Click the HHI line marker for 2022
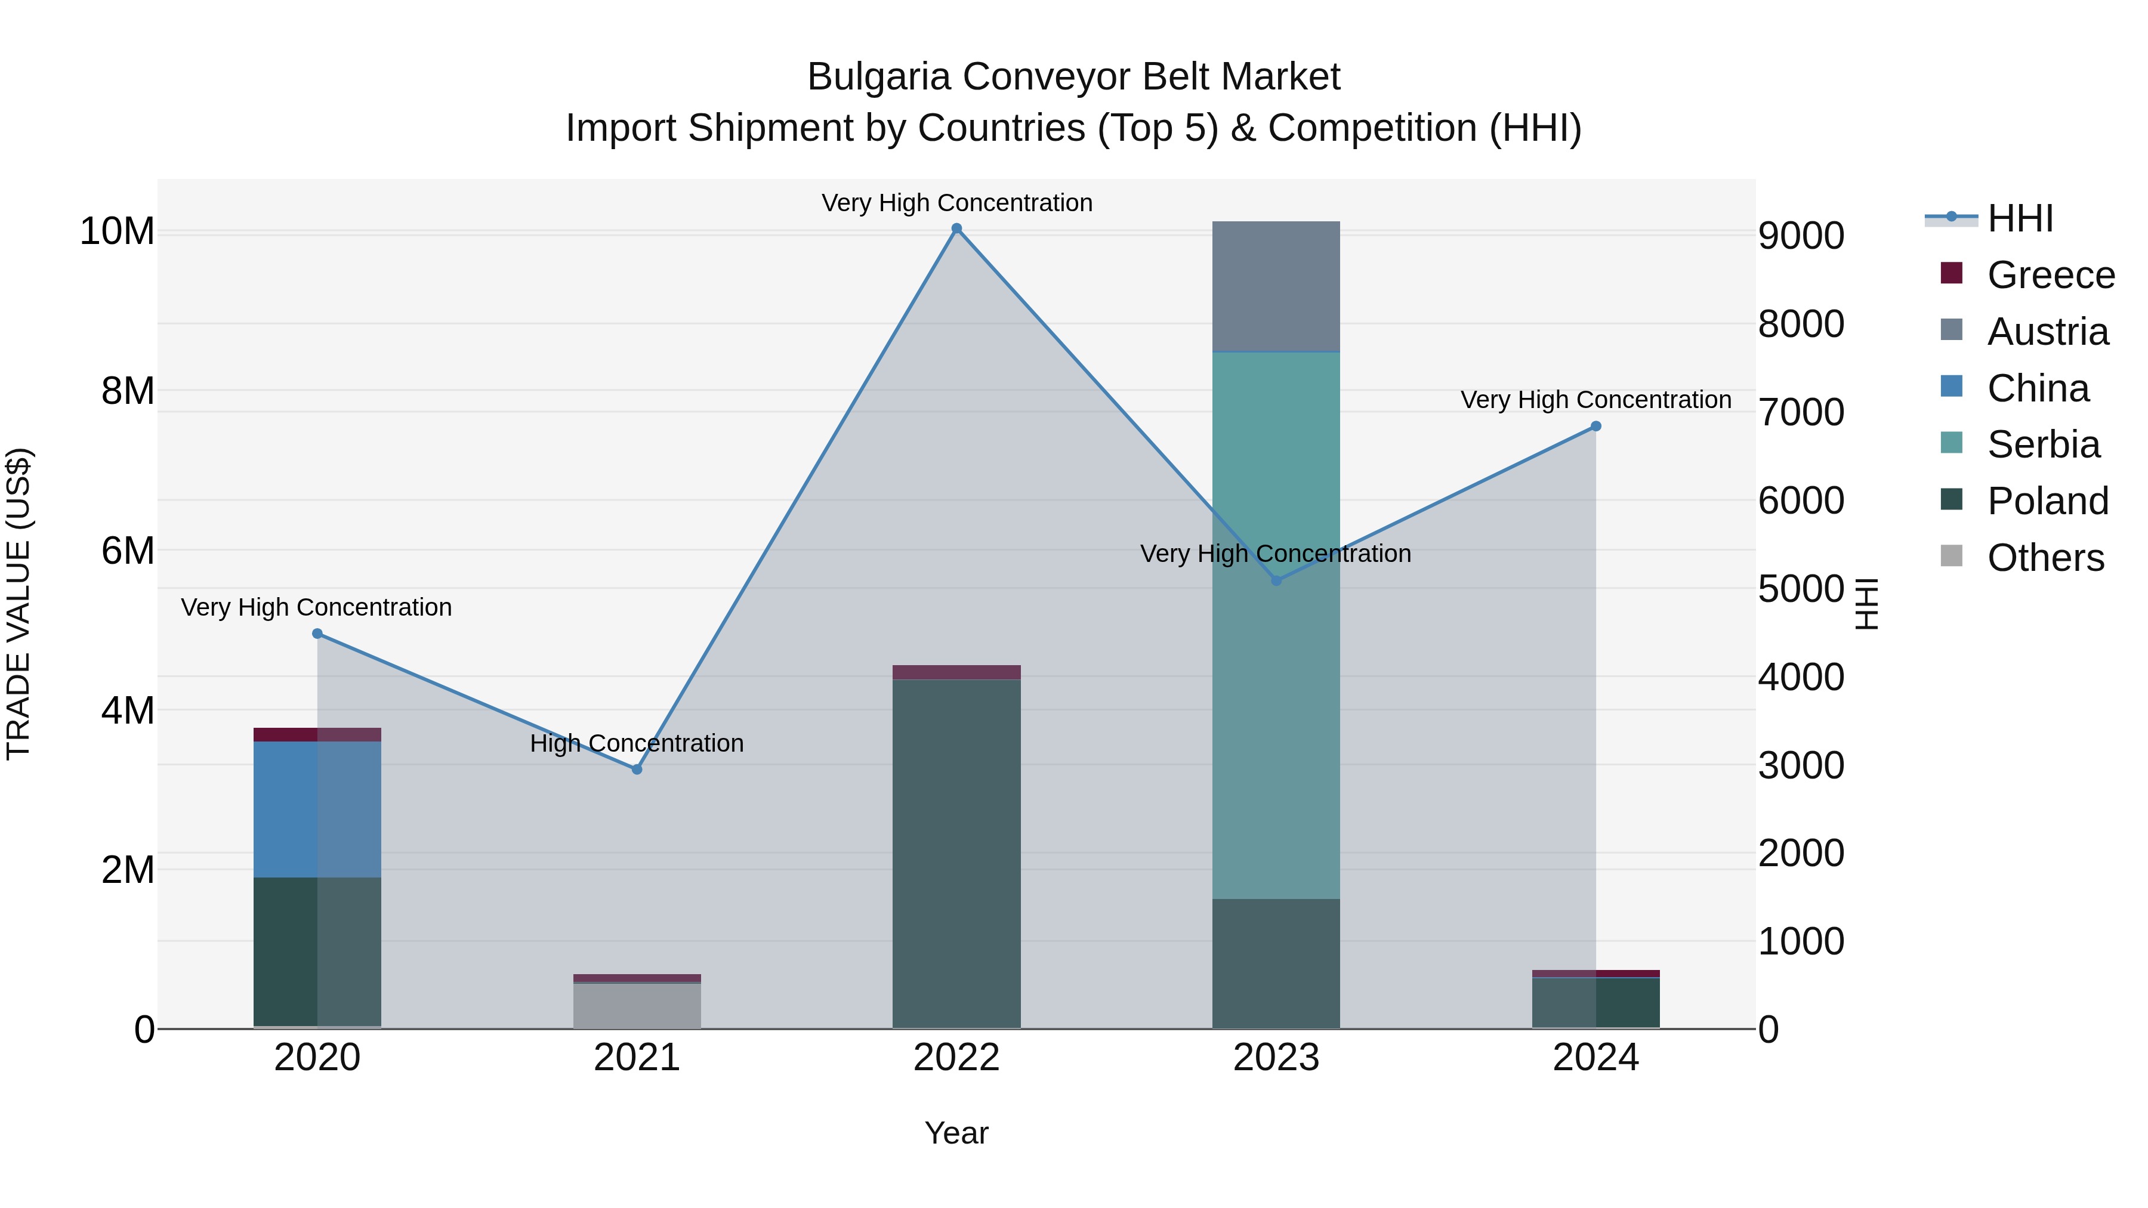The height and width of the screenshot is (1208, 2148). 956,228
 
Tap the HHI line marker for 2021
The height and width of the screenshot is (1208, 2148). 637,770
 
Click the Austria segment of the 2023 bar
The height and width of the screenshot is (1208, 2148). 1276,286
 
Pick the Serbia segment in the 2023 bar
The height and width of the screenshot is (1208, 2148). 1276,625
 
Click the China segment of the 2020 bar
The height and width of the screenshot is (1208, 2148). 317,809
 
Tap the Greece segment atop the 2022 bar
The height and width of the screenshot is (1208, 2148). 956,672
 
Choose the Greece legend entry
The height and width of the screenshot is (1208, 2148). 2050,275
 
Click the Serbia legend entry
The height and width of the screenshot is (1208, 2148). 2043,444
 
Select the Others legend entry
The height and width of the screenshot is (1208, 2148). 2045,558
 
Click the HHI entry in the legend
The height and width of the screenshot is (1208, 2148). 2020,218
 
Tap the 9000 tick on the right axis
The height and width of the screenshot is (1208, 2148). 1801,236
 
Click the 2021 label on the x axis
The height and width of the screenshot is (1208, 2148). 637,1058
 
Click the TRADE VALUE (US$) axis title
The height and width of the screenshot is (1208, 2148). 18,604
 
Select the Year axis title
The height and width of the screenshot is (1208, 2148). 956,1133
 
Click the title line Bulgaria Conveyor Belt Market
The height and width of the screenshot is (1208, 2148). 1073,77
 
